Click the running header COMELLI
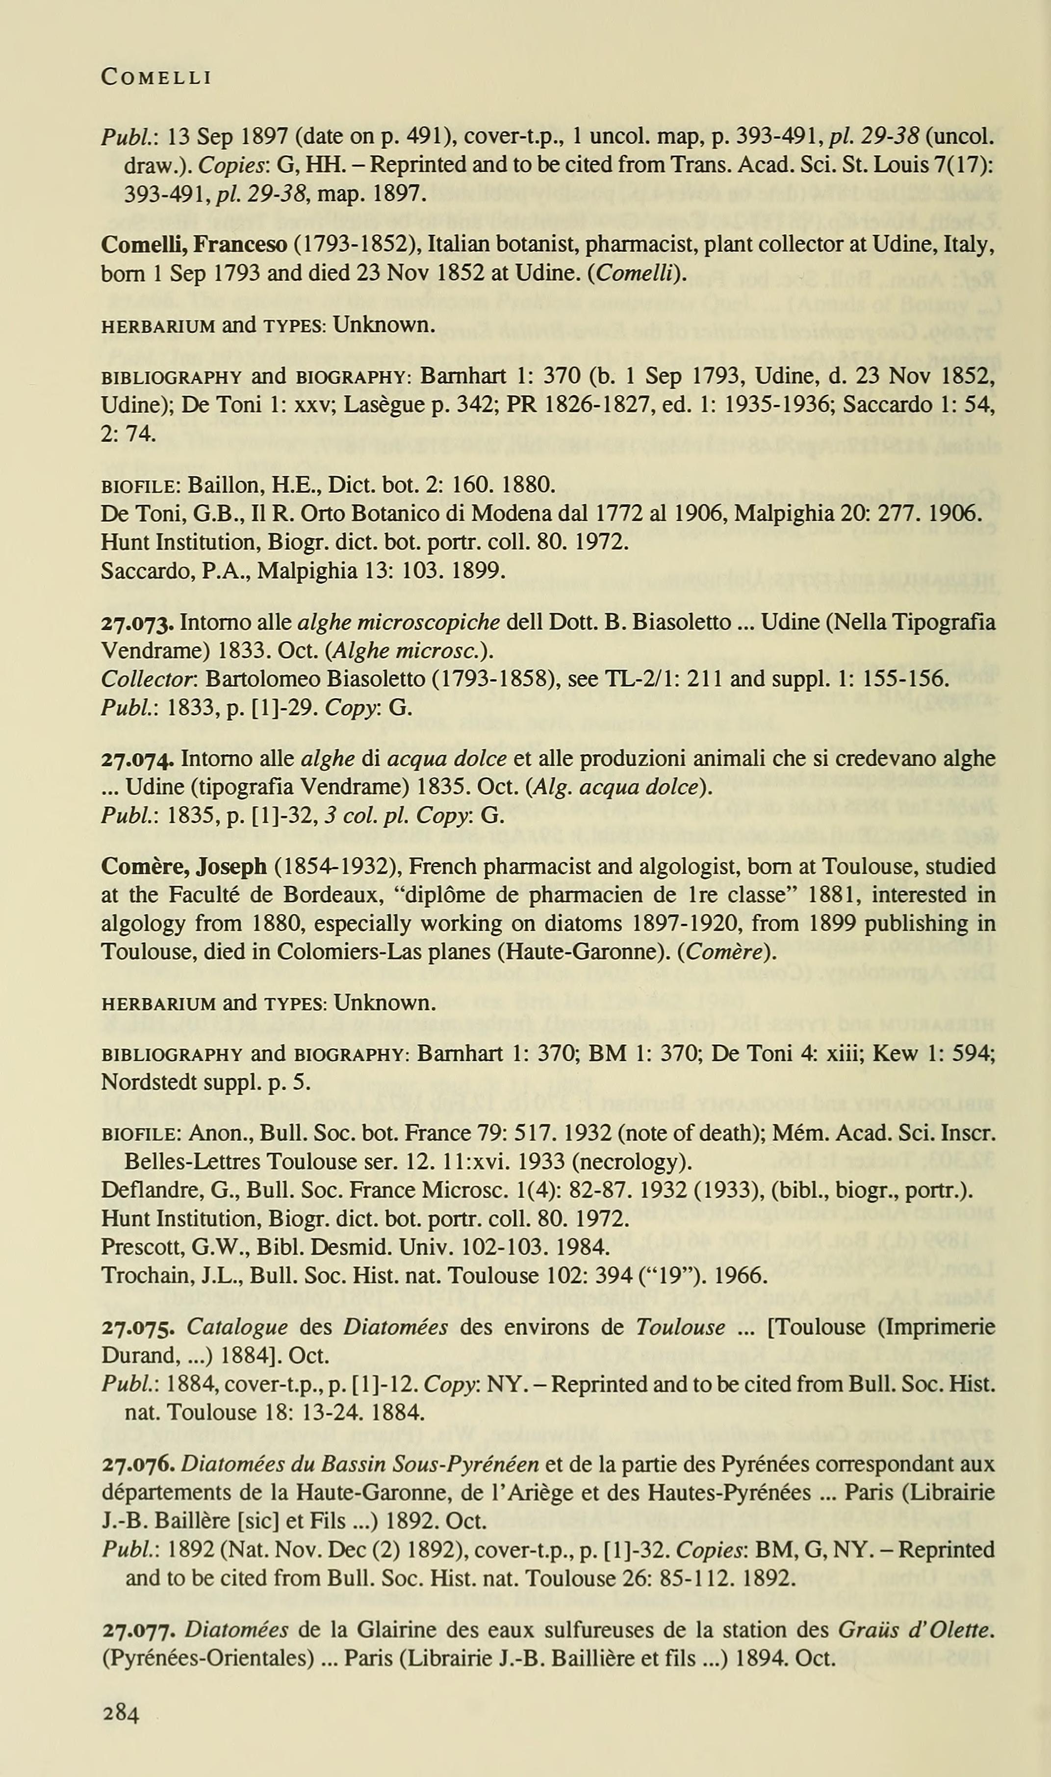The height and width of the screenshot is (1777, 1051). pyautogui.click(x=156, y=77)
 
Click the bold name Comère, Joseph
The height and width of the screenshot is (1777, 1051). pyautogui.click(x=184, y=866)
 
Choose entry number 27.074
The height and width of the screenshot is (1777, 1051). pyautogui.click(x=137, y=759)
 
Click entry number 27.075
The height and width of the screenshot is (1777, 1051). pyautogui.click(x=137, y=1327)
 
